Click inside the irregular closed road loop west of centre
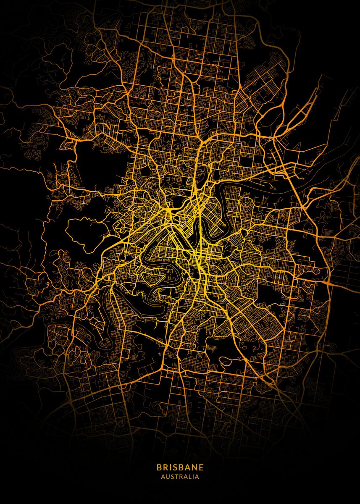pyautogui.click(x=86, y=233)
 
